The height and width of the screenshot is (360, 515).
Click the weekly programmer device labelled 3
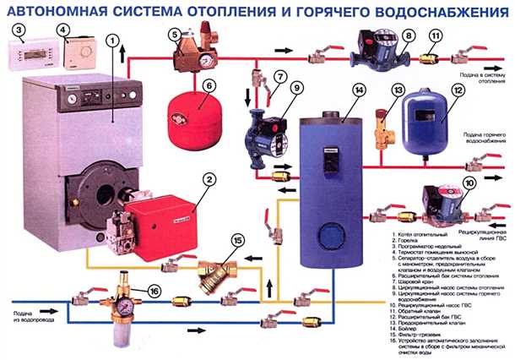[x=33, y=55]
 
